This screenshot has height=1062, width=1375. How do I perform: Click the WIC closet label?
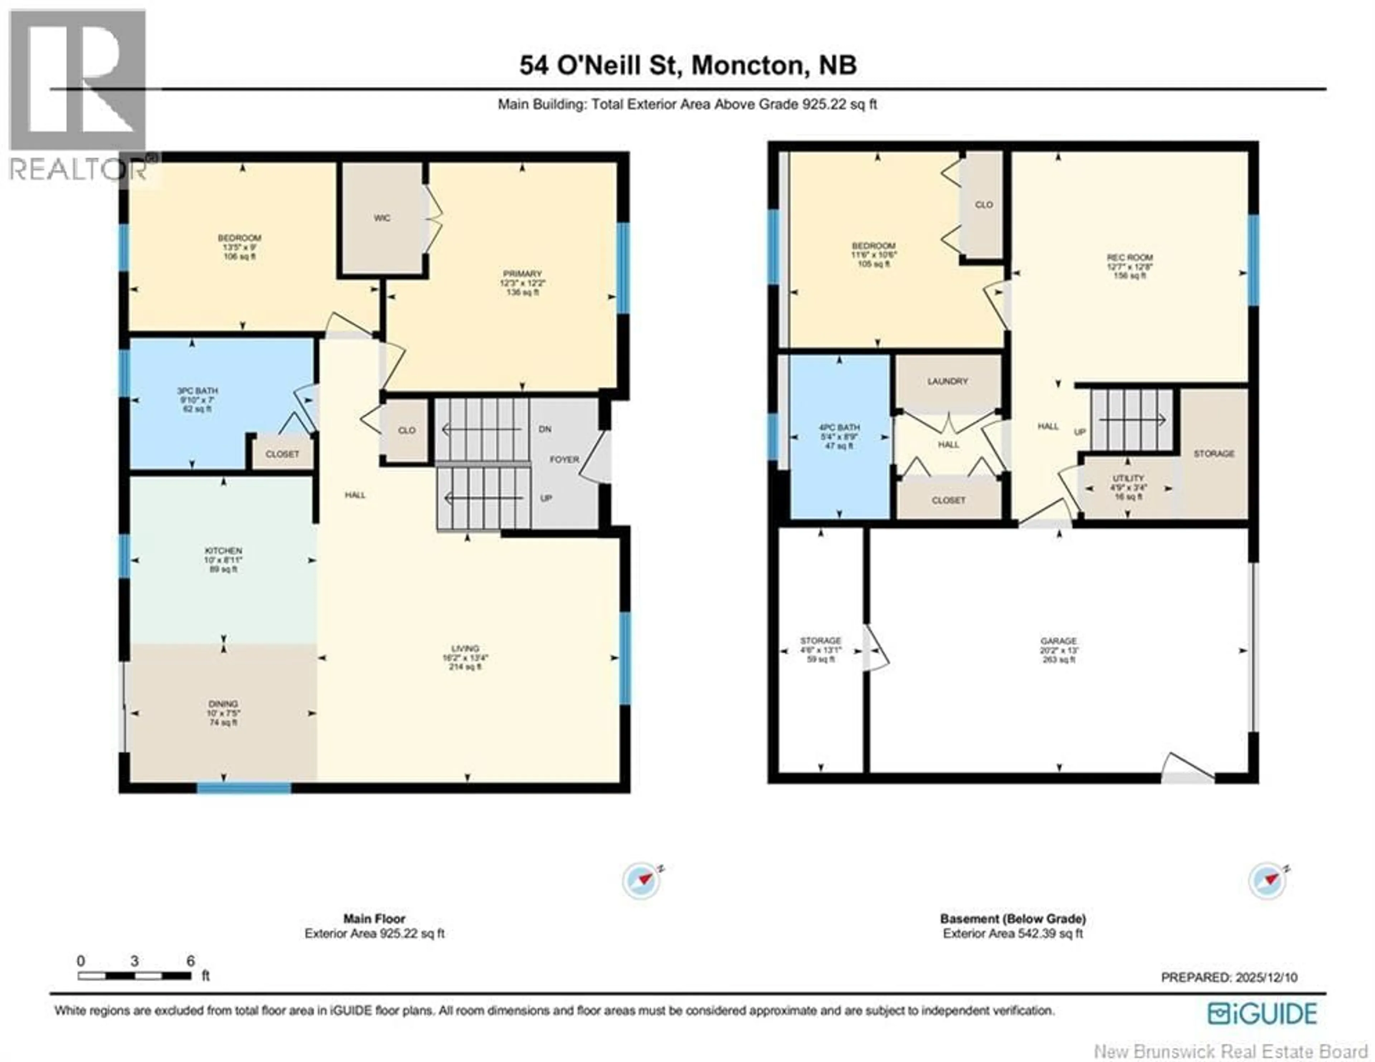point(381,218)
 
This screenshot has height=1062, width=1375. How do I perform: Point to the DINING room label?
point(223,704)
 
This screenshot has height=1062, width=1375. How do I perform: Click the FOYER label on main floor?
point(564,459)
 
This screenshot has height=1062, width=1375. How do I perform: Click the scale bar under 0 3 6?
point(134,976)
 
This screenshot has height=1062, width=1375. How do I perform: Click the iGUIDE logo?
point(1262,1014)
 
